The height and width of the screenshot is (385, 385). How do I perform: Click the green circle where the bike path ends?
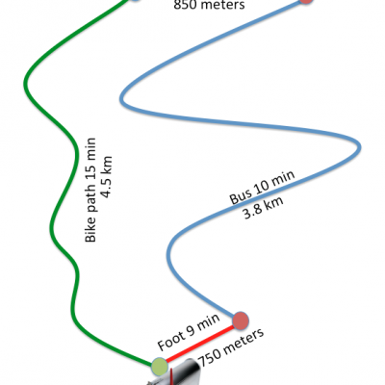coord(160,367)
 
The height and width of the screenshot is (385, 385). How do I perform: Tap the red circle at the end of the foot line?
coord(241,321)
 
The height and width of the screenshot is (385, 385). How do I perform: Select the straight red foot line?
coord(200,344)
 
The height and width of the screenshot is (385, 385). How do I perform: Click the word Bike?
coord(90,230)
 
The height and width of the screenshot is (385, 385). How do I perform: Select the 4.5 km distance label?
coord(107,177)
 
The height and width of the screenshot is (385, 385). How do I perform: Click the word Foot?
coord(171,341)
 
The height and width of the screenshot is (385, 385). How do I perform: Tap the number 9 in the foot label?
coord(191,331)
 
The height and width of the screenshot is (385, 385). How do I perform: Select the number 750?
coord(210,355)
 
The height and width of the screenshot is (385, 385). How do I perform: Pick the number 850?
coord(185,5)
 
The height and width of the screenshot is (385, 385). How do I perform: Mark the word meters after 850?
coord(222,5)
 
